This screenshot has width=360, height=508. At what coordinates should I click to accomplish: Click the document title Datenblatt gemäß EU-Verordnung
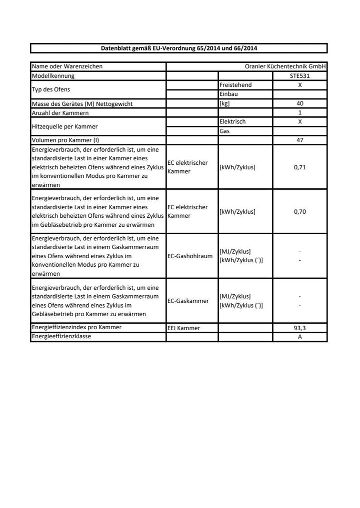[179, 48]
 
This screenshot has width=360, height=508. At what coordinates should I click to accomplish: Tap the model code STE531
[300, 76]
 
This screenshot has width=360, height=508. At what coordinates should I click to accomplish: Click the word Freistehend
[235, 85]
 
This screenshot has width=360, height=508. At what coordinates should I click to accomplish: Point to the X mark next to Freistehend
[300, 85]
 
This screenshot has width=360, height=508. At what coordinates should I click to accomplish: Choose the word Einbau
[228, 94]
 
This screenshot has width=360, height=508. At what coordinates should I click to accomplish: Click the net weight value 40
[300, 104]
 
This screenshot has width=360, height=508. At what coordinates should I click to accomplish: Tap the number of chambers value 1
[300, 113]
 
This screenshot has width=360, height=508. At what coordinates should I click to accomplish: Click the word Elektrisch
[232, 122]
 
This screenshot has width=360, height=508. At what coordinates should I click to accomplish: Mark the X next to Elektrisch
[300, 122]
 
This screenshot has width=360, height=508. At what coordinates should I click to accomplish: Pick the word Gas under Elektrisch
[224, 131]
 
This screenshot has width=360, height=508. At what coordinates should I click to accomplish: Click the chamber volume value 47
[300, 140]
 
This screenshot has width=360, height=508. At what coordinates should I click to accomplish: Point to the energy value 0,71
[300, 167]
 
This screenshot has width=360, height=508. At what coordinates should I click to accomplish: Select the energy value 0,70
[300, 211]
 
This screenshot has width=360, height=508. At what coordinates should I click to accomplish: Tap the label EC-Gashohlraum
[190, 256]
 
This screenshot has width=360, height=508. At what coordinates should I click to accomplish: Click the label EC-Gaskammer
[188, 301]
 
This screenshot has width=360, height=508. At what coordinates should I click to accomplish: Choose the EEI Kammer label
[183, 328]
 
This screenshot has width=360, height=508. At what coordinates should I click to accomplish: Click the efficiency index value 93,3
[300, 328]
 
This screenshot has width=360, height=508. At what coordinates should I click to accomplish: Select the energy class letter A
[300, 337]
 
